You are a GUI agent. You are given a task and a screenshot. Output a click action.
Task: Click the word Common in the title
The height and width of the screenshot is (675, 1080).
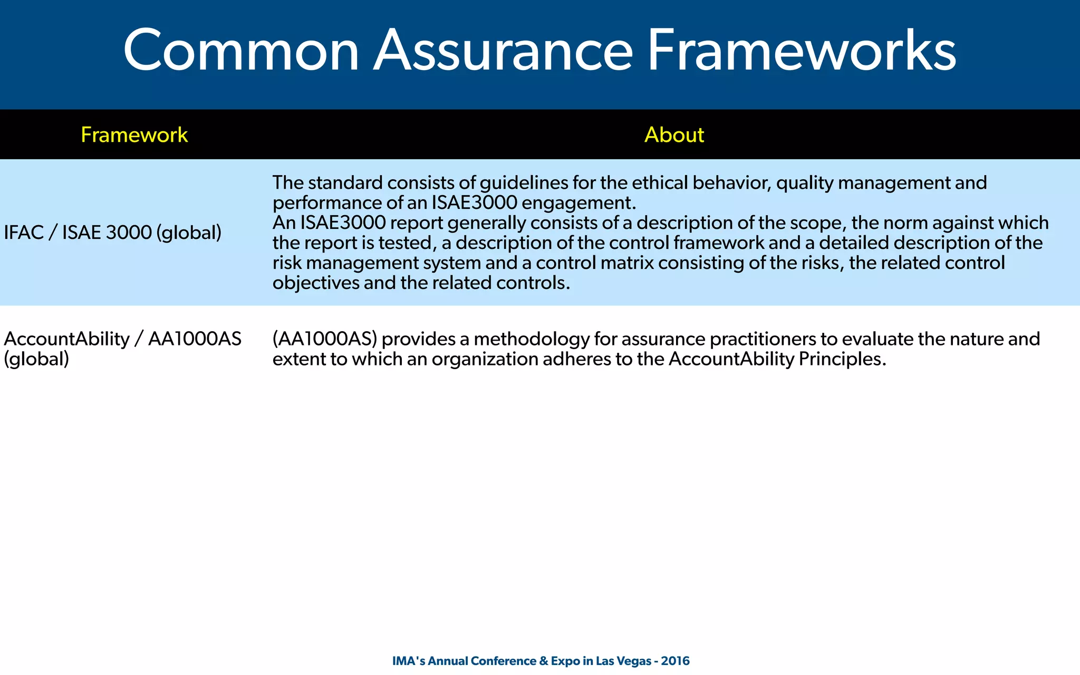click(x=241, y=51)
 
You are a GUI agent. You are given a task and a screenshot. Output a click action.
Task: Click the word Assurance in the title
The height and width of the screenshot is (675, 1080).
click(x=503, y=51)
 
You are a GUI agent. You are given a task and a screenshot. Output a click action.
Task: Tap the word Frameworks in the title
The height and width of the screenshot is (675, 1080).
click(x=801, y=51)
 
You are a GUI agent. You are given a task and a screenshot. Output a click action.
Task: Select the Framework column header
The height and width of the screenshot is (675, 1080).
click(x=134, y=135)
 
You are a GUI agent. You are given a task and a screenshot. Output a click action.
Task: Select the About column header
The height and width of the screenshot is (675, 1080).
click(x=674, y=135)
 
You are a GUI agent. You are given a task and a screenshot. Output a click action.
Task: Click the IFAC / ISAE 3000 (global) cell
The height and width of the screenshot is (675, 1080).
click(x=112, y=233)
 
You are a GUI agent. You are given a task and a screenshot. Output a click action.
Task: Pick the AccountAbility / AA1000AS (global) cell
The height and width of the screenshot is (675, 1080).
click(x=122, y=349)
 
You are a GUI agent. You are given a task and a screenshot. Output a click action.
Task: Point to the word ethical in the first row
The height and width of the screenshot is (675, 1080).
click(x=660, y=183)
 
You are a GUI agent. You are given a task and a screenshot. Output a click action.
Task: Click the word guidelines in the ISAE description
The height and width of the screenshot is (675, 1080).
click(x=523, y=183)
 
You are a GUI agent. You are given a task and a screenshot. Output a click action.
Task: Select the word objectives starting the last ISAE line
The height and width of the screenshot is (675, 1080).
click(x=315, y=283)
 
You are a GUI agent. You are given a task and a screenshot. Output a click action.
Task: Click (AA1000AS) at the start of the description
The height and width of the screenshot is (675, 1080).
click(x=325, y=339)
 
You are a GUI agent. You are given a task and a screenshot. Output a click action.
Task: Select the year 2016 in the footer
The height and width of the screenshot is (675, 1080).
click(x=675, y=661)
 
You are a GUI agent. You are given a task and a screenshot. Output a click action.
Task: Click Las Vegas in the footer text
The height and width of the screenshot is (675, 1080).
click(x=623, y=661)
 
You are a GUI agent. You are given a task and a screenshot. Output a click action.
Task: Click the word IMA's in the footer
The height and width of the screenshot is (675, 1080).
click(x=409, y=661)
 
